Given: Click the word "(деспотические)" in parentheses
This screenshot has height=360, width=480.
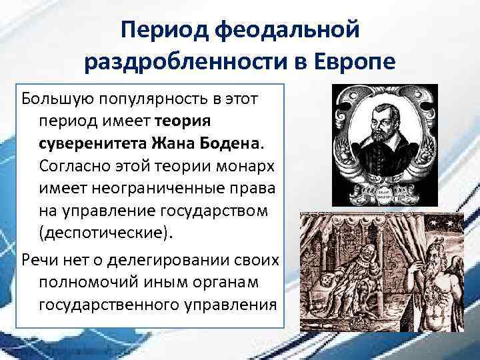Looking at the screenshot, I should (98, 232).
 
